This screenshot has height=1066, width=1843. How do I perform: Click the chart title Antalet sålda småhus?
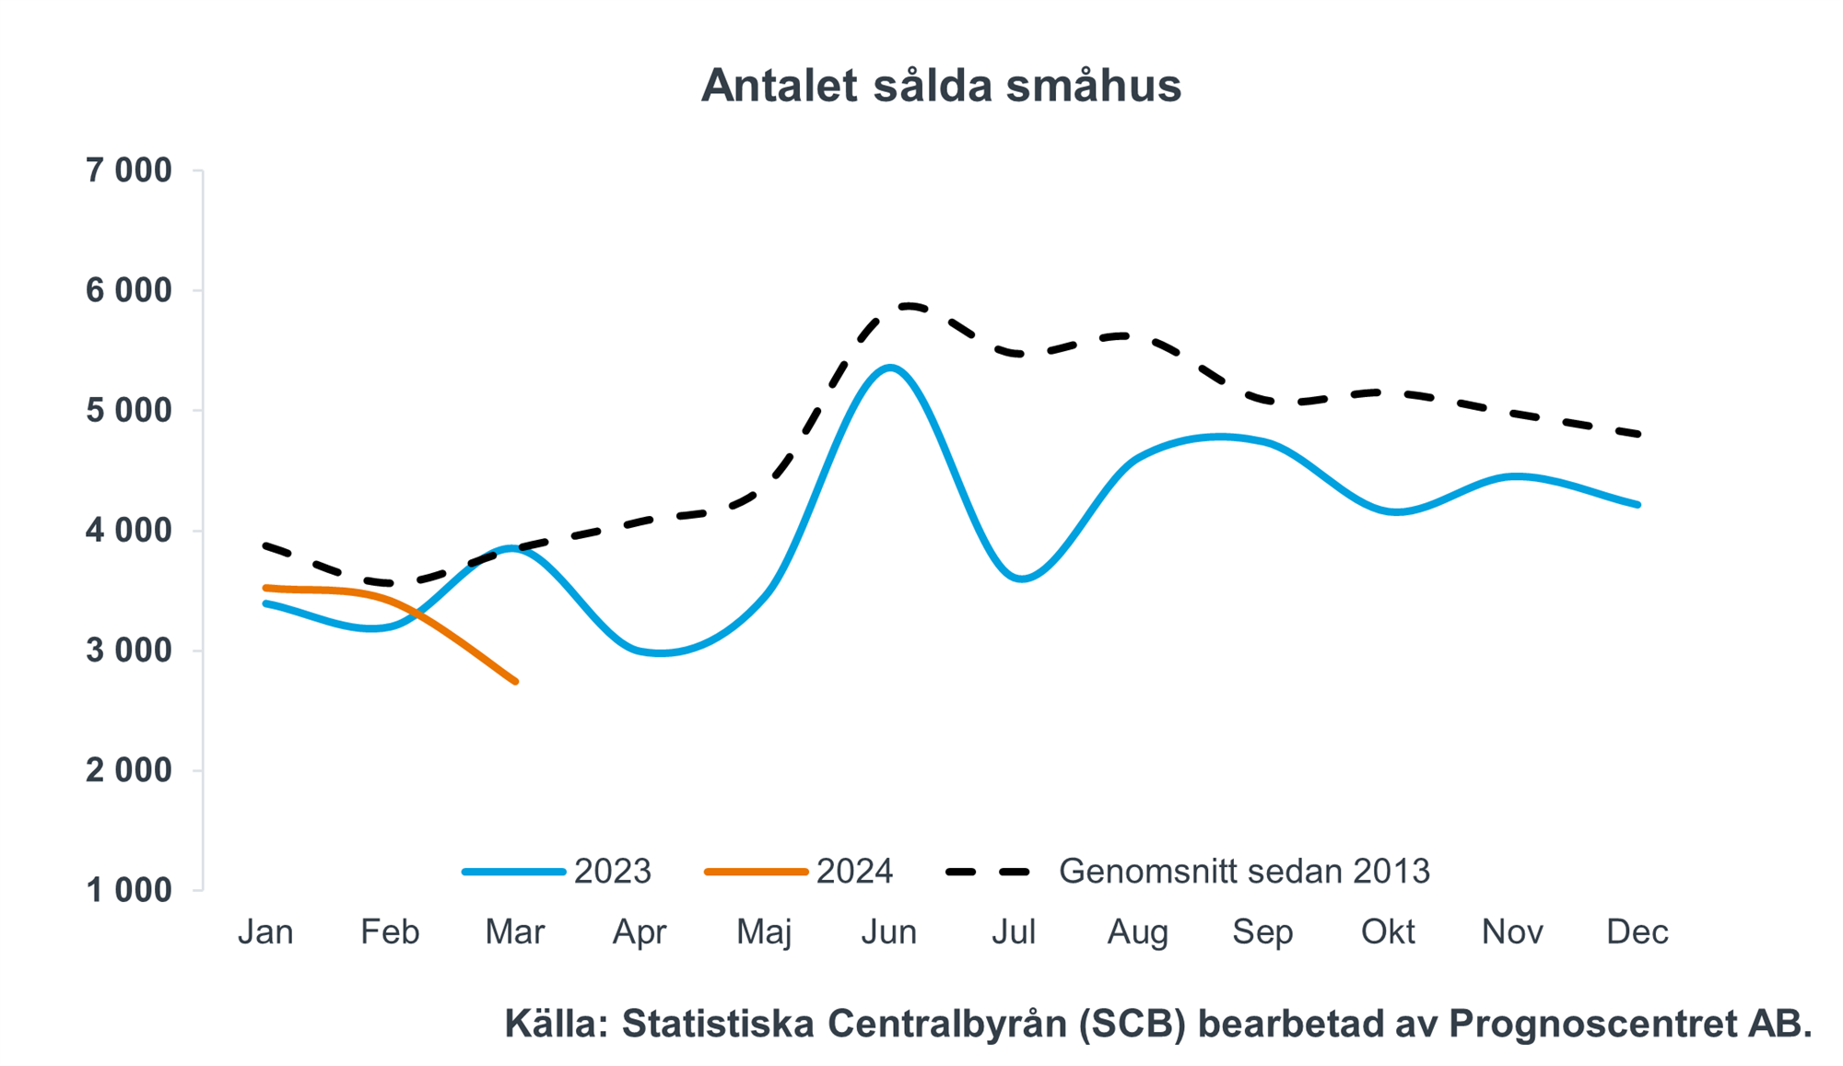pyautogui.click(x=940, y=86)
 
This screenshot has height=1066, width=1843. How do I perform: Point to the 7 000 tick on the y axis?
pyautogui.click(x=129, y=170)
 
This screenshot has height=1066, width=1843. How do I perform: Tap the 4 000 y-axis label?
pyautogui.click(x=129, y=531)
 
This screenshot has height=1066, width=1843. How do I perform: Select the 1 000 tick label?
pyautogui.click(x=129, y=890)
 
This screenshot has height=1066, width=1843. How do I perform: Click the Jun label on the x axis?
pyautogui.click(x=888, y=931)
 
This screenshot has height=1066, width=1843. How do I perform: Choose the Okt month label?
pyautogui.click(x=1387, y=931)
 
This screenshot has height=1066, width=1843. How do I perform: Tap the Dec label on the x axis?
pyautogui.click(x=1637, y=931)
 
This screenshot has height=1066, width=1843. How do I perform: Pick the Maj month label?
pyautogui.click(x=764, y=931)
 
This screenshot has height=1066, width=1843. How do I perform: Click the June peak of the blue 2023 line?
pyautogui.click(x=888, y=368)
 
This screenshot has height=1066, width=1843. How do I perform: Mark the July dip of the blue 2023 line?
pyautogui.click(x=1021, y=579)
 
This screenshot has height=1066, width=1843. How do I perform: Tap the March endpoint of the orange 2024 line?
pyautogui.click(x=515, y=681)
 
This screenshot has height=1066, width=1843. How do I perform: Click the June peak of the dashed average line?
pyautogui.click(x=908, y=306)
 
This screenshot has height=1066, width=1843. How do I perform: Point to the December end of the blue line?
pyautogui.click(x=1638, y=504)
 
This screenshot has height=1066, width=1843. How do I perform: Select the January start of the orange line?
pyautogui.click(x=266, y=588)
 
